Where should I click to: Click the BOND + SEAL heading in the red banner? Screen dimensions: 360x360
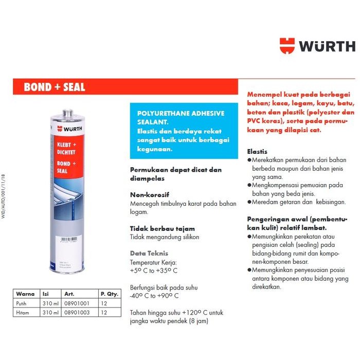55,87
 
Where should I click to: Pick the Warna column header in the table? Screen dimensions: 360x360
25,295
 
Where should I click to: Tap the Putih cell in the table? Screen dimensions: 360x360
22,303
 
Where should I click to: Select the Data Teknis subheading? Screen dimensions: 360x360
149,253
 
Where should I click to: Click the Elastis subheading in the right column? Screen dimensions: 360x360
257,152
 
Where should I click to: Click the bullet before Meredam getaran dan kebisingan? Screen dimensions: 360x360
249,202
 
